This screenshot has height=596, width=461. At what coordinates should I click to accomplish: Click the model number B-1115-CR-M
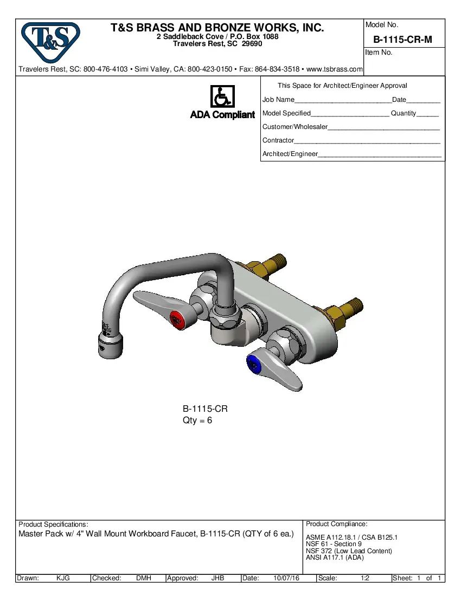click(403, 40)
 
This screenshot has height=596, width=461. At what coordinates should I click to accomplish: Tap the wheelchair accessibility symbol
click(222, 96)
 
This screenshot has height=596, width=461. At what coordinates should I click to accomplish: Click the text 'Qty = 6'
click(197, 420)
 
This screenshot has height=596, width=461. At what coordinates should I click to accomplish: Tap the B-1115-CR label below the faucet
click(205, 409)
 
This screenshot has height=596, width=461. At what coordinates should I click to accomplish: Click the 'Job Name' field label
click(278, 100)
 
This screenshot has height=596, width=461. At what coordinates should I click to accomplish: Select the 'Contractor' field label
click(278, 140)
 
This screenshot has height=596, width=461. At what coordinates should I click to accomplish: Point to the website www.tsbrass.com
click(331, 69)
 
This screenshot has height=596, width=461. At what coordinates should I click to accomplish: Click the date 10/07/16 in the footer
click(286, 578)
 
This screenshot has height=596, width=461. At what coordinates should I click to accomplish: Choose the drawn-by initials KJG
click(63, 578)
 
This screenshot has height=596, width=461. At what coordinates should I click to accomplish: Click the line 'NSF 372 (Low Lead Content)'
click(349, 551)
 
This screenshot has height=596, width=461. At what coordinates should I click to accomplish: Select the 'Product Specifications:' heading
click(53, 524)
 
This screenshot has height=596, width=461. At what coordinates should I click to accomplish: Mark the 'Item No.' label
click(379, 53)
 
